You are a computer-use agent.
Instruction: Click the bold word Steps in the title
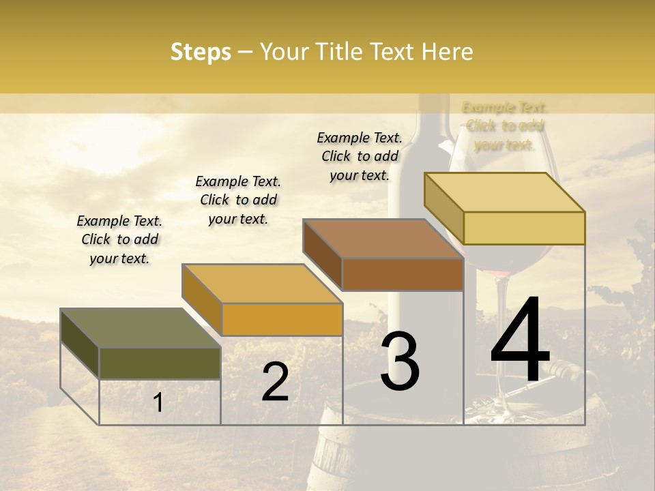[x=201, y=52]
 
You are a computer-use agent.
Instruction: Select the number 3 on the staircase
[x=400, y=361]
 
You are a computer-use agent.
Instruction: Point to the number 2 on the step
[x=275, y=382]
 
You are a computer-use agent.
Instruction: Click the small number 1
[x=158, y=402]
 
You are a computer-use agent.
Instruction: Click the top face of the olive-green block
[x=140, y=328]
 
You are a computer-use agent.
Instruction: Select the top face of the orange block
[x=261, y=284]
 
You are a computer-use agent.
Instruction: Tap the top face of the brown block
[x=383, y=239]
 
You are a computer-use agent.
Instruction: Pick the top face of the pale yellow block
[x=504, y=192]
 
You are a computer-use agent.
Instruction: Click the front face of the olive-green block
[x=160, y=363]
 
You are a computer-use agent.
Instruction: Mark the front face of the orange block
[x=282, y=319]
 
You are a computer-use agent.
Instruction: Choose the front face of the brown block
[x=403, y=274]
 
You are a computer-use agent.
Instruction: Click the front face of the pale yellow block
[x=524, y=228]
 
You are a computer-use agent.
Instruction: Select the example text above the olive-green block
[x=119, y=239]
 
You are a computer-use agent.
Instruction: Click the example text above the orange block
[x=238, y=200]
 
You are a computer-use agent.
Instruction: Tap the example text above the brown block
[x=360, y=156]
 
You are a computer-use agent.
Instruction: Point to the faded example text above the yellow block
[x=505, y=126]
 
